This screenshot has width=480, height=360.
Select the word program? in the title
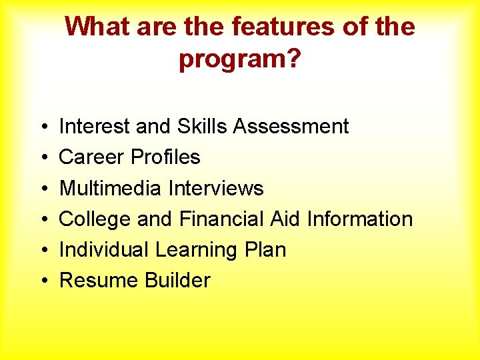pyautogui.click(x=240, y=59)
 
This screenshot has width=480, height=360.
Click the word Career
pyautogui.click(x=92, y=157)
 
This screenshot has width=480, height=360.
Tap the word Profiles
pyautogui.click(x=165, y=157)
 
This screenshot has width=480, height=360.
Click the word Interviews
pyautogui.click(x=216, y=188)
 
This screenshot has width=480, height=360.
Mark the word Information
pyautogui.click(x=360, y=219)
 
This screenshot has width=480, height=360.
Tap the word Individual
pyautogui.click(x=104, y=250)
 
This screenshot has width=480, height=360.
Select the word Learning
pyautogui.click(x=193, y=250)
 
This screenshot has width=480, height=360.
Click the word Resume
pyautogui.click(x=95, y=281)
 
